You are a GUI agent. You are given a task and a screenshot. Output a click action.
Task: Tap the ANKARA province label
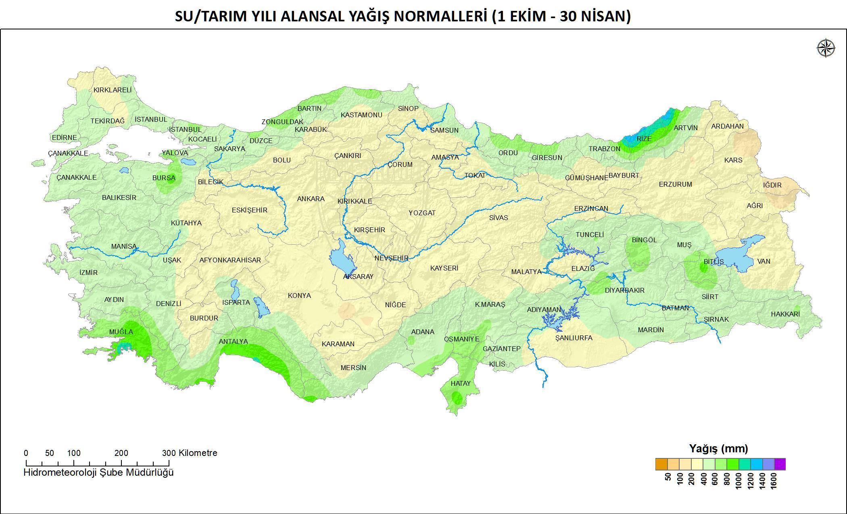pos(311,199)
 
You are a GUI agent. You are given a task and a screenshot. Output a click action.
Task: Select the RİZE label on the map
pos(644,139)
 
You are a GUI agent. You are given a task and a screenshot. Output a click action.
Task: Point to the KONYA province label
pos(299,295)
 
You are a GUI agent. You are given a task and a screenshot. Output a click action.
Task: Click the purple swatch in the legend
pos(780,464)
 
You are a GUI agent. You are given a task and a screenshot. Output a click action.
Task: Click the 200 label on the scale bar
pos(121,453)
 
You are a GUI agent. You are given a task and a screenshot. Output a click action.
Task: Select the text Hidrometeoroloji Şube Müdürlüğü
pos(98,472)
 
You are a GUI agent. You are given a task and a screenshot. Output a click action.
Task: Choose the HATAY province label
pos(461,383)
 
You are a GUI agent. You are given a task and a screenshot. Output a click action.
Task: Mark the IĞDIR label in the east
pos(772,185)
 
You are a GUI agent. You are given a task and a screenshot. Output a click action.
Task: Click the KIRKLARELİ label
pos(113,90)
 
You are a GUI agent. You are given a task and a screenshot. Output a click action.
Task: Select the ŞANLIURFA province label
pos(574,338)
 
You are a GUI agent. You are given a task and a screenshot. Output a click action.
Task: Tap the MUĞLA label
pos(121,332)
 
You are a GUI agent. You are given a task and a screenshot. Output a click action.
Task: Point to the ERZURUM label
pos(675,184)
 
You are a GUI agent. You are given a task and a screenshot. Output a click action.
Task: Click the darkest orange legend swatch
pos(661,464)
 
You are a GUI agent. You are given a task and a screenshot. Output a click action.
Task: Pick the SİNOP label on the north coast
pos(408,108)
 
